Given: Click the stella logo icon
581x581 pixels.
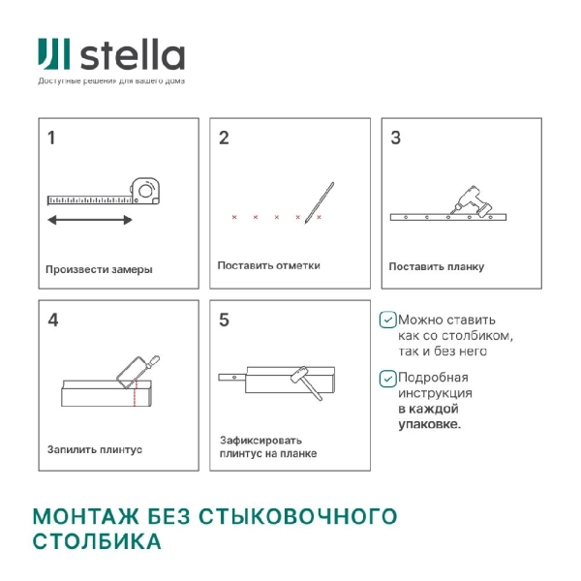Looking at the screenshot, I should pos(53,54).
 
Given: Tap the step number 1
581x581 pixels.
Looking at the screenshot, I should pos(51,138).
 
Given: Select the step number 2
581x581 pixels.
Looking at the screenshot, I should pos(224,138).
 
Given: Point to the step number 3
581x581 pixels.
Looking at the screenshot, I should pos(395,138).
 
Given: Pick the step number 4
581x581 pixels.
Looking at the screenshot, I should pos(52,320).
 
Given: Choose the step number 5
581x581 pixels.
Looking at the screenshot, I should pos(224,320).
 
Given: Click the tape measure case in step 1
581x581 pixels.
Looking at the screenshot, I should pos(147,190).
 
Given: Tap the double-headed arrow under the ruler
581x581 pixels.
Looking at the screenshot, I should pos(90,221).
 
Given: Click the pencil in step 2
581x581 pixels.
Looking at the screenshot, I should pos(320,202).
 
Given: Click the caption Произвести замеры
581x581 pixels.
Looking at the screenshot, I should pos(99,269).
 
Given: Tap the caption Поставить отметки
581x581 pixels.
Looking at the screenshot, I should pos(268,265).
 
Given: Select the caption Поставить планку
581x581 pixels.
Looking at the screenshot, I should pos(437,266).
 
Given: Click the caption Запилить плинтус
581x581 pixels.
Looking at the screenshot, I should pos(95,449).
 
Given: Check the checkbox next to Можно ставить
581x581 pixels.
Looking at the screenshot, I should pos(387,319).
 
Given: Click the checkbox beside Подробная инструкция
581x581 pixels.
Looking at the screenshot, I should pos(387,378).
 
